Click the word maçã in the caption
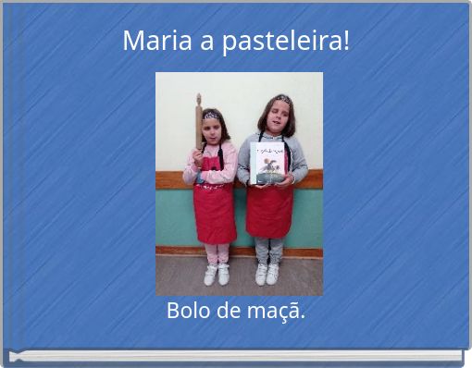282,312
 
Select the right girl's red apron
269,210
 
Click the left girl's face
212,129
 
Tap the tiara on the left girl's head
212,115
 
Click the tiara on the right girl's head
281,98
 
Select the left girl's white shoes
217,275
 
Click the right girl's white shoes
267,274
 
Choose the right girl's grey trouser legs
268,251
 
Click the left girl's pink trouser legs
217,253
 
